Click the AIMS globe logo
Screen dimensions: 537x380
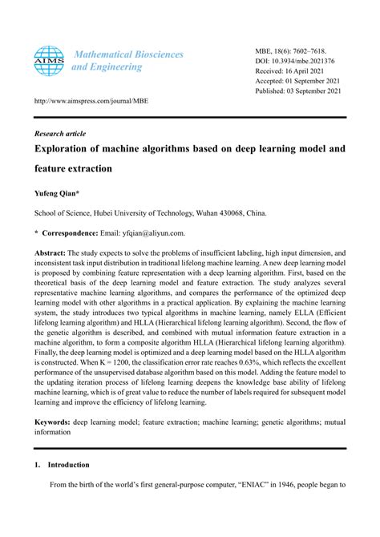click(x=48, y=60)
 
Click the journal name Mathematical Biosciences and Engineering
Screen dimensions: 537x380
click(x=127, y=61)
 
